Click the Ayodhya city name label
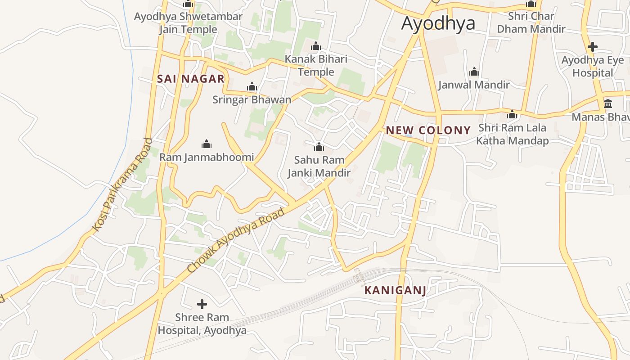[438, 23]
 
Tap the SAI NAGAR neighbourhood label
[190, 79]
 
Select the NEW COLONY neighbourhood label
[428, 130]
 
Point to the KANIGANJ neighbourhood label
[395, 290]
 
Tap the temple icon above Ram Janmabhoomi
[207, 144]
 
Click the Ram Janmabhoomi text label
[207, 157]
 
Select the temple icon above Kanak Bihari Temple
[316, 46]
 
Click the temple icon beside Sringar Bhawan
[252, 86]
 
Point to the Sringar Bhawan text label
[252, 99]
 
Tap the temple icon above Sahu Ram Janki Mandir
[319, 147]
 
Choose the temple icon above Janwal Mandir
[474, 72]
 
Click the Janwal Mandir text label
[474, 85]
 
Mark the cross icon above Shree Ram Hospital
[202, 304]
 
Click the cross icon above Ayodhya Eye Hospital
[593, 46]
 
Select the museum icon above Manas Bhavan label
[608, 104]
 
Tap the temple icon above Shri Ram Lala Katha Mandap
[512, 115]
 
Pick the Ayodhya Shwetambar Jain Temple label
[188, 23]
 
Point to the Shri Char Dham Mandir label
[531, 22]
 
